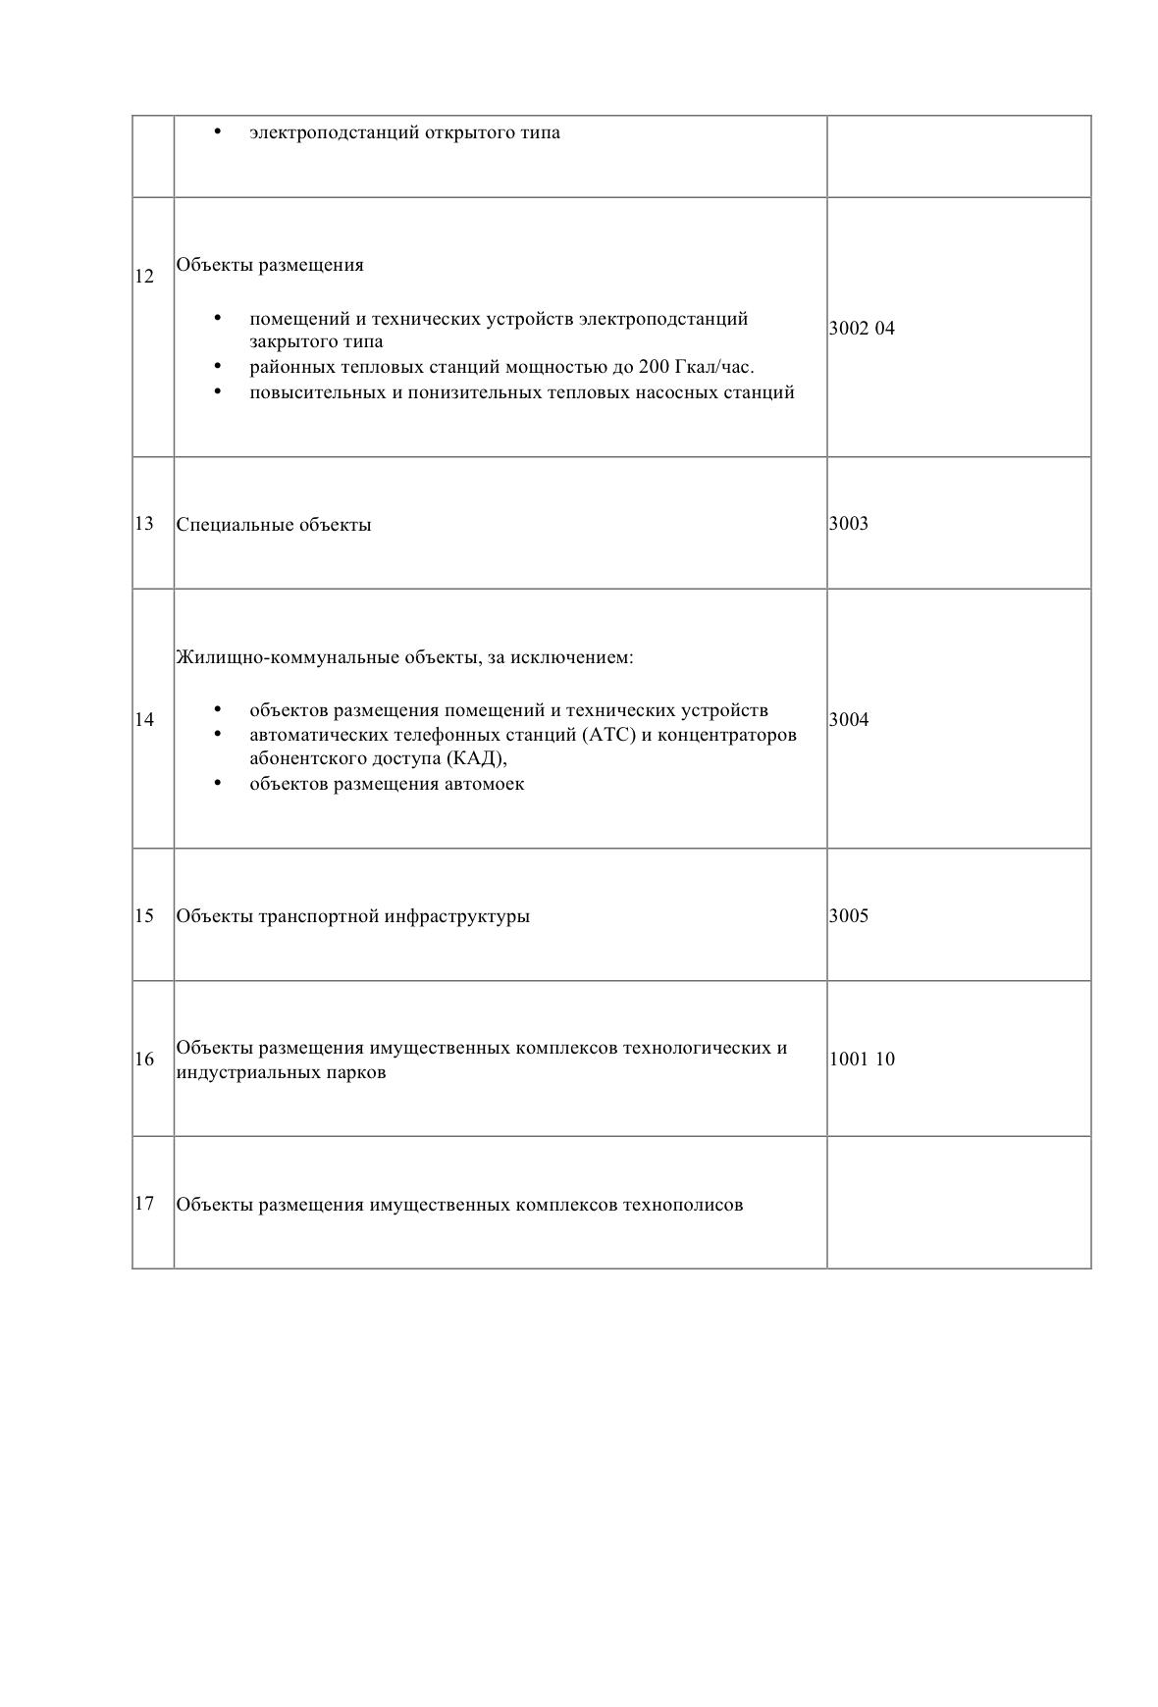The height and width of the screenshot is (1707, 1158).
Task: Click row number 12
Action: pos(144,277)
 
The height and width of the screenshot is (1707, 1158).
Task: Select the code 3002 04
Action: pos(862,329)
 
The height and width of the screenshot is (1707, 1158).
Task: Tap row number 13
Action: pos(144,524)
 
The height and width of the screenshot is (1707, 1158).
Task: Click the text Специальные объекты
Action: pos(274,525)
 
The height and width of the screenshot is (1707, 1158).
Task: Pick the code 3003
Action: pos(849,524)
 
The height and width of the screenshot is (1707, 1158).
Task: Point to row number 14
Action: pos(144,720)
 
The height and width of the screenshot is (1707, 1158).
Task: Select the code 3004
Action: pos(849,720)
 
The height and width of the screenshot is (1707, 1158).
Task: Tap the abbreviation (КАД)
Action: pos(476,759)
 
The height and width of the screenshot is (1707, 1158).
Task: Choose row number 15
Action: pos(144,916)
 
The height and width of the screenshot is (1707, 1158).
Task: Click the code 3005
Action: pos(849,916)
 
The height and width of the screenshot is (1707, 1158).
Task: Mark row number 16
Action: pos(144,1060)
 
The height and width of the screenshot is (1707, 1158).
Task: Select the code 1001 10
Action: pos(862,1060)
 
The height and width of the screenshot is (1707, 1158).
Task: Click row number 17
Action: pos(144,1204)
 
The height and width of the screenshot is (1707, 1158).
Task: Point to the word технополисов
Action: pos(683,1205)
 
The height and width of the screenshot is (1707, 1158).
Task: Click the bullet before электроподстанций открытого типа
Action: pos(217,131)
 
